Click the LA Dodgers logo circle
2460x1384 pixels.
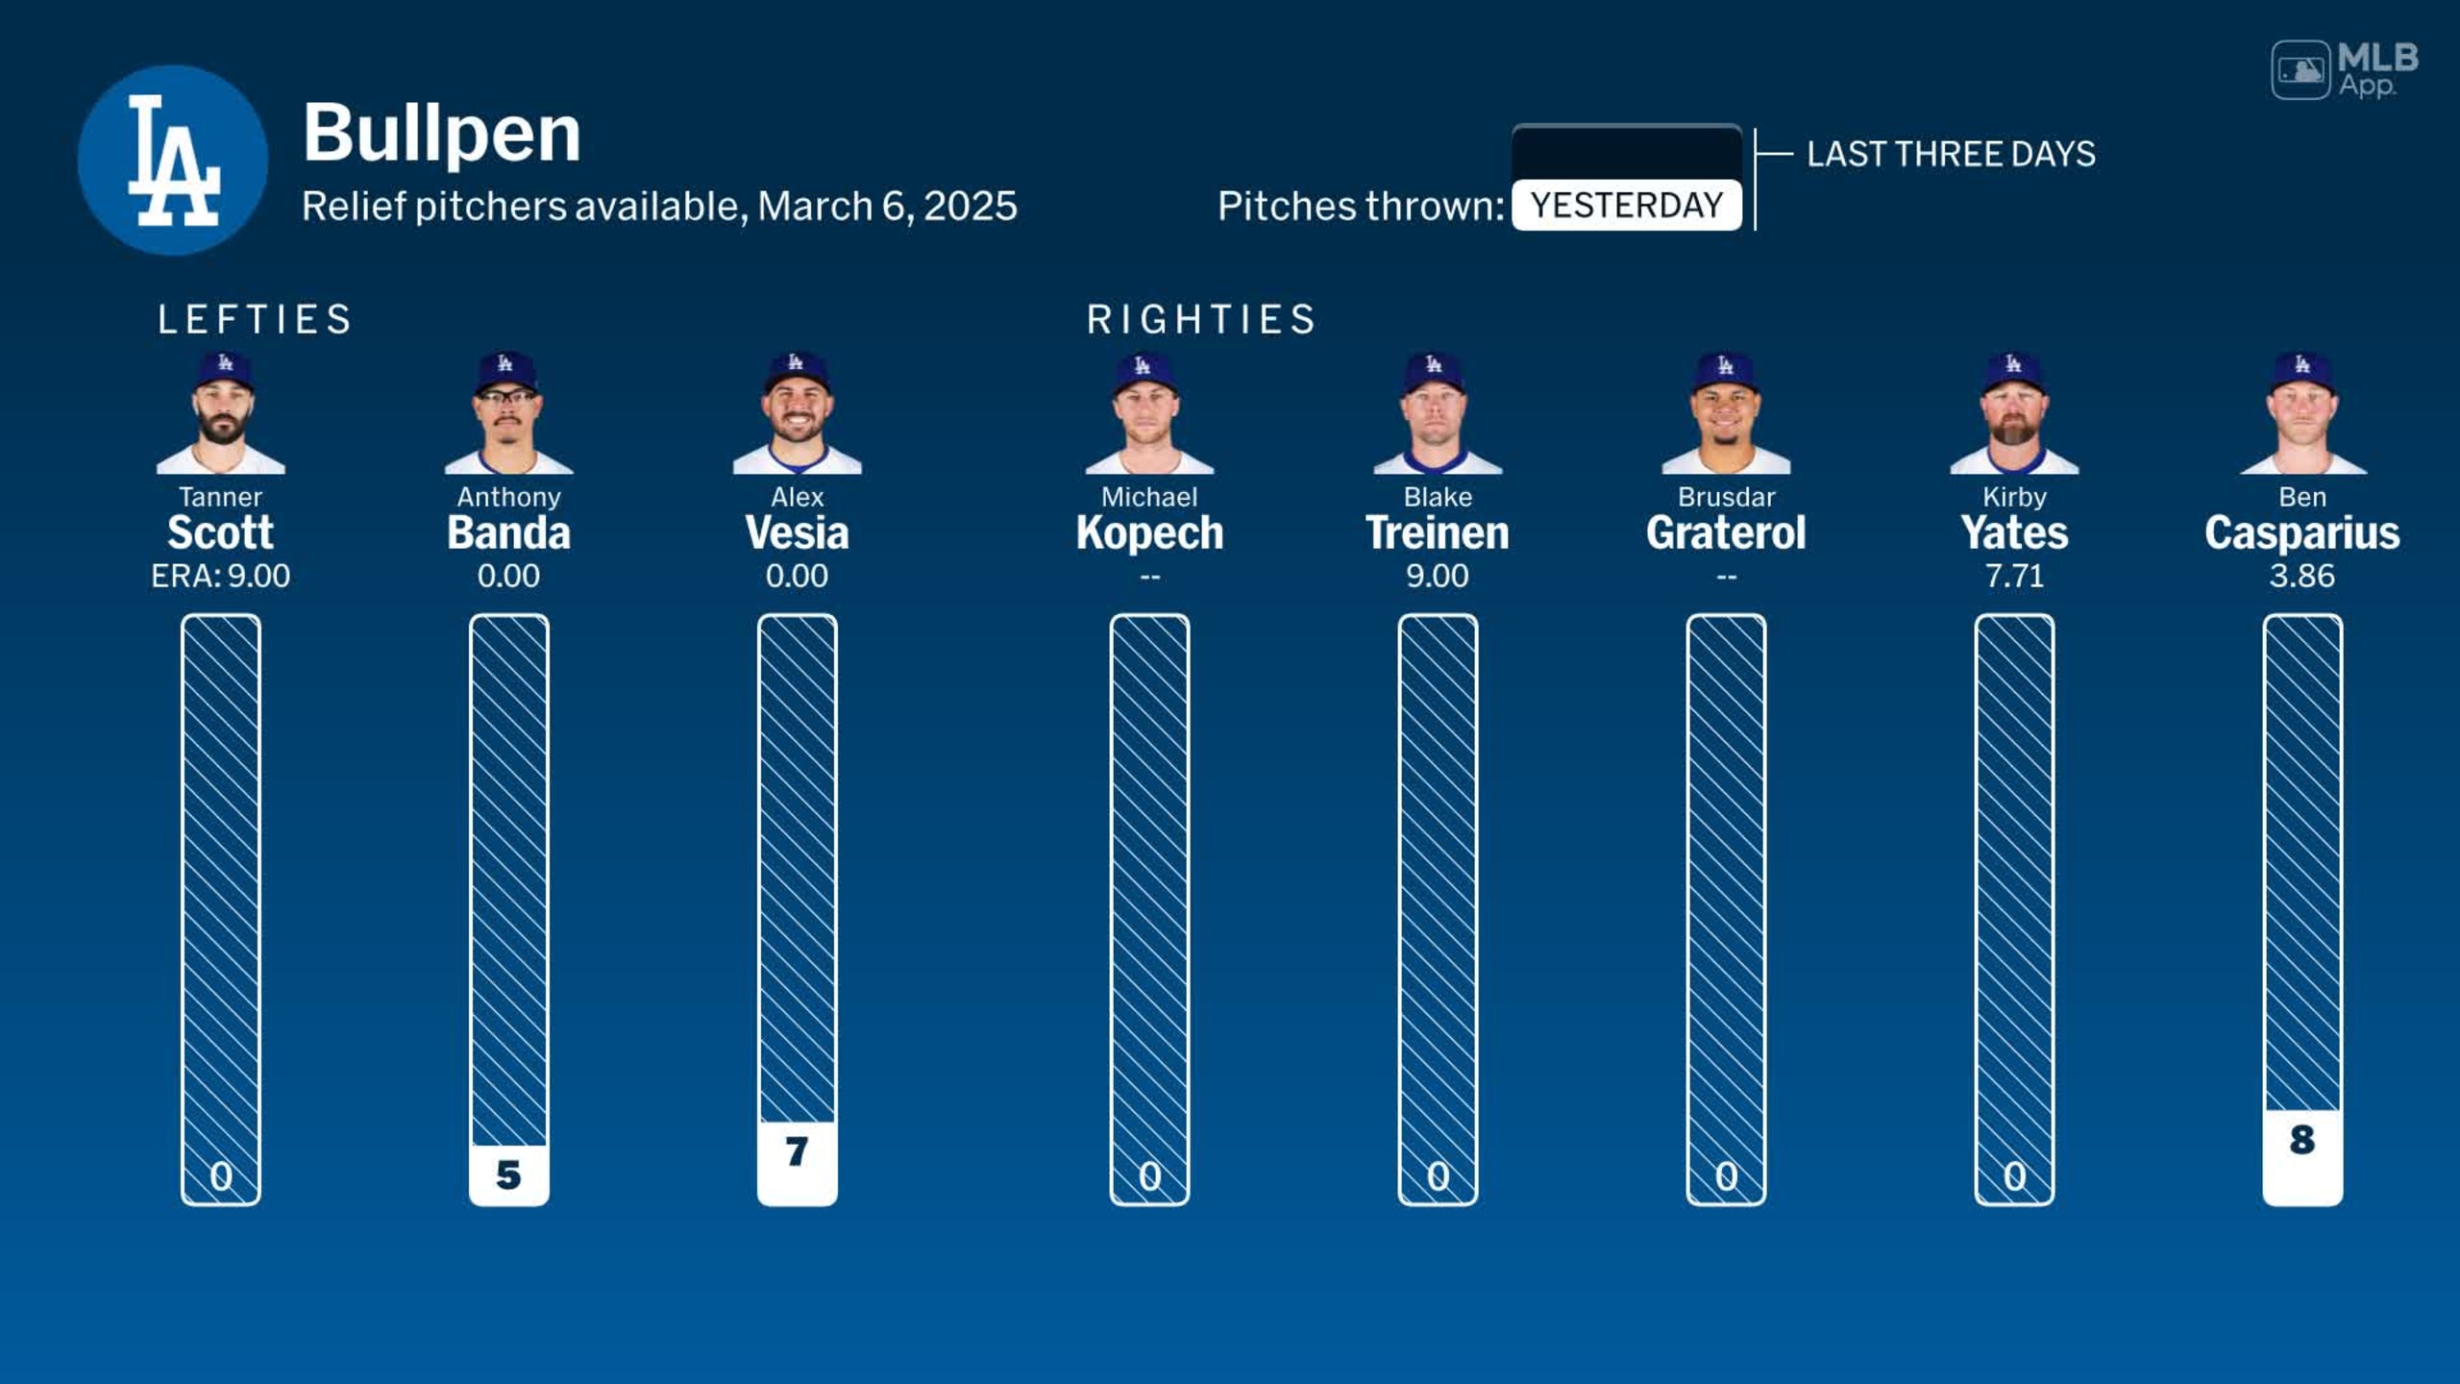(x=173, y=160)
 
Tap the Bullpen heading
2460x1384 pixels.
(x=442, y=133)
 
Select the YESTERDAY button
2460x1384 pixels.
(x=1626, y=205)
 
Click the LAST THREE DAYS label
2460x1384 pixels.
(x=1951, y=154)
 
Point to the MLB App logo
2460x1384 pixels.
(x=2345, y=69)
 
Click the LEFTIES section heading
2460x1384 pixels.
(x=256, y=319)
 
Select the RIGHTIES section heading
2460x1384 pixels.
(x=1201, y=319)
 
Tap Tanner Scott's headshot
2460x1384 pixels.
(x=221, y=413)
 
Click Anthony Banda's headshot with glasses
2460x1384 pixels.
(x=508, y=413)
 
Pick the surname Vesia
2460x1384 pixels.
(x=797, y=533)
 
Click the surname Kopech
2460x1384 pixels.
(x=1149, y=533)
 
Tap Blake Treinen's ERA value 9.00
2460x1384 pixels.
(x=1438, y=576)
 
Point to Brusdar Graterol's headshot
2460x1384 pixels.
(x=1726, y=413)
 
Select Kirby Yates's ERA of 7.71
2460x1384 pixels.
(x=2014, y=576)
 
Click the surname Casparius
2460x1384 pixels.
(x=2302, y=533)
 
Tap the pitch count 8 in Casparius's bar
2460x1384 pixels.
(x=2302, y=1140)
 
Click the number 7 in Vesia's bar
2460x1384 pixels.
(x=797, y=1151)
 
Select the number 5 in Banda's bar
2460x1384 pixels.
(x=508, y=1174)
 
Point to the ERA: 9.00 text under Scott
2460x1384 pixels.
(x=221, y=576)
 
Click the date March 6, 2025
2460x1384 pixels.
(x=887, y=206)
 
